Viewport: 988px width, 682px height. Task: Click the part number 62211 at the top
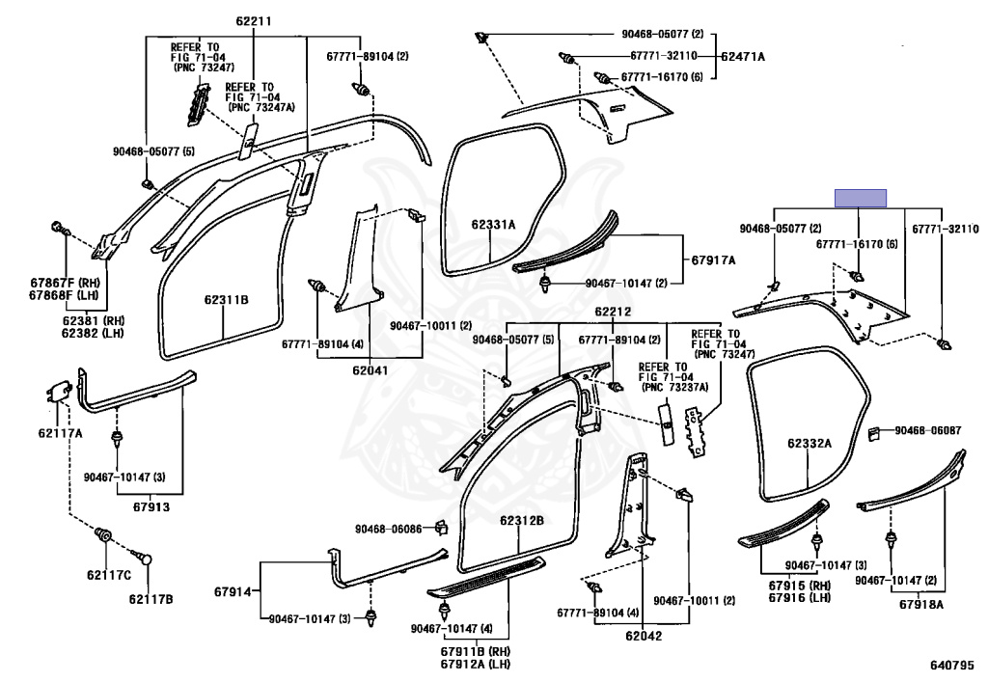254,22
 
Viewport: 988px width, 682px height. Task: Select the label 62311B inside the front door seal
226,301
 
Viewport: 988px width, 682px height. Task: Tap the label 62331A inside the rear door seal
493,225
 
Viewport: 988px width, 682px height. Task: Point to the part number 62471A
743,57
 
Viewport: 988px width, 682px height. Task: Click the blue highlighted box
861,198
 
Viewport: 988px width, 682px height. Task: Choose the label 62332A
809,444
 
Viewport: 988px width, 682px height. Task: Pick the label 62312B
522,521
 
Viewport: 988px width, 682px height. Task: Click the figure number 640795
952,666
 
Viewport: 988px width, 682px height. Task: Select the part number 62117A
59,432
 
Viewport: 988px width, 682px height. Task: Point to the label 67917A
713,260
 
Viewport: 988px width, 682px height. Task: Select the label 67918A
921,605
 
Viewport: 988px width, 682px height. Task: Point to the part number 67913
151,504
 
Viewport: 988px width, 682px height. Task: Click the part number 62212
613,312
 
